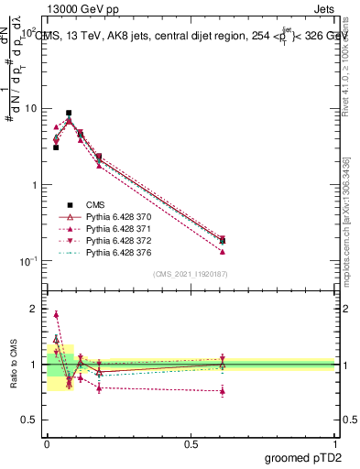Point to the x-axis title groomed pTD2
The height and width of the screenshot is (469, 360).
[x=302, y=457]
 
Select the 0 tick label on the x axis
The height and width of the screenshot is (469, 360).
[x=46, y=443]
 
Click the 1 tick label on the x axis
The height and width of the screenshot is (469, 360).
[x=335, y=443]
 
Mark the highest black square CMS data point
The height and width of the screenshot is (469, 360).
[x=69, y=113]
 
